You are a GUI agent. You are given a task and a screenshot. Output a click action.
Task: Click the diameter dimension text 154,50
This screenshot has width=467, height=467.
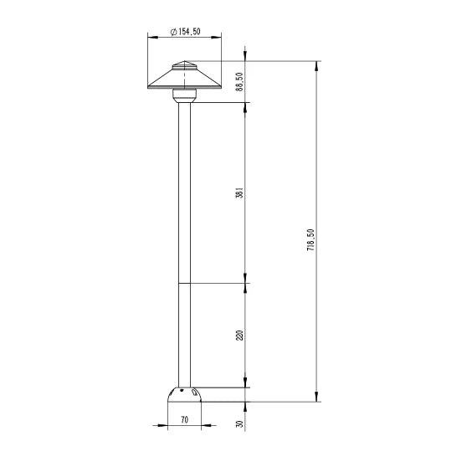pyautogui.click(x=189, y=32)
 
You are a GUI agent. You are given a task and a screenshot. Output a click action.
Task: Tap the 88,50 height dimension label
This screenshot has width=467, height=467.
pyautogui.click(x=239, y=82)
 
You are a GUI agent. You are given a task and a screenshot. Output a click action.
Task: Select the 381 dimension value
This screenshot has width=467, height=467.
pyautogui.click(x=239, y=193)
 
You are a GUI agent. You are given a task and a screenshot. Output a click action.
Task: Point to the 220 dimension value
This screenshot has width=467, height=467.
pyautogui.click(x=239, y=336)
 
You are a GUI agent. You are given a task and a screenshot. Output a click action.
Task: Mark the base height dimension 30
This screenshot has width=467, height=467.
pyautogui.click(x=239, y=424)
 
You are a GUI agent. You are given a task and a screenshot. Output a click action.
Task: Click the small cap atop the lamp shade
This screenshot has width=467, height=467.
pyautogui.click(x=184, y=66)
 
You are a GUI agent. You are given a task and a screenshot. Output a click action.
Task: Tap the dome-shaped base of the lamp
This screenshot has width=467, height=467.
pyautogui.click(x=184, y=394)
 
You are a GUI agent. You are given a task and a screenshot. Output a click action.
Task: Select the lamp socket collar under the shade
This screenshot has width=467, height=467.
pyautogui.click(x=184, y=95)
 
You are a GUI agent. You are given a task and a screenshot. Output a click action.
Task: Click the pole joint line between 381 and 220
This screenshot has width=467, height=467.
pyautogui.click(x=184, y=283)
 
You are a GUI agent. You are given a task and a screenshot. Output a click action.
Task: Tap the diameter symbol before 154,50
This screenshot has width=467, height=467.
pyautogui.click(x=172, y=32)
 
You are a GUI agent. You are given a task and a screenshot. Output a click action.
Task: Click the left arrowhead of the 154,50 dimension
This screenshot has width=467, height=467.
pyautogui.click(x=151, y=37)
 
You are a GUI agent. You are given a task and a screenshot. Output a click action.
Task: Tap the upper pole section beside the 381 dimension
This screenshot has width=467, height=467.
pyautogui.click(x=184, y=192)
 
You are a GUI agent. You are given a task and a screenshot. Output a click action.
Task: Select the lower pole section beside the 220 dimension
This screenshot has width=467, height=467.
pyautogui.click(x=184, y=335)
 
